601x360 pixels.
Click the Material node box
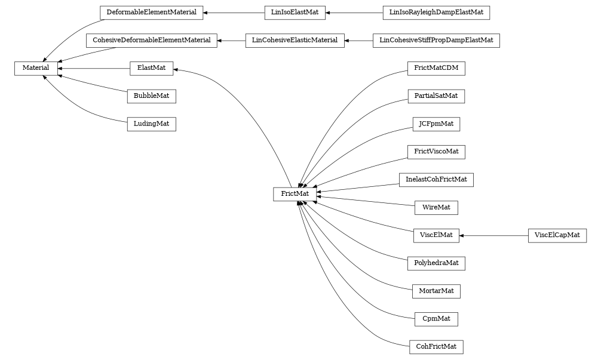click(36, 69)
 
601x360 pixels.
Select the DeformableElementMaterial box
click(151, 12)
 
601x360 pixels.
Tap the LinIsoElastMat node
click(295, 12)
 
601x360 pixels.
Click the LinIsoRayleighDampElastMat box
click(436, 12)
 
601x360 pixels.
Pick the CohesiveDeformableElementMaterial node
click(151, 41)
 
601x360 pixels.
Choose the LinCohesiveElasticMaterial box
click(295, 41)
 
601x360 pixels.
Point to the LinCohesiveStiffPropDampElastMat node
click(436, 41)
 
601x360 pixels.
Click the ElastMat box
click(151, 69)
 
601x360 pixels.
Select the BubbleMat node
click(151, 96)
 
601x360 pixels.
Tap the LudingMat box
click(151, 124)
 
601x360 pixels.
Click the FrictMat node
click(295, 194)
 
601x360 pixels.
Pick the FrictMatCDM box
click(436, 68)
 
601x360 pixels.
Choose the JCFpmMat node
click(436, 124)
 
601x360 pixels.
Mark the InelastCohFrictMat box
click(436, 180)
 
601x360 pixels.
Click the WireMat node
click(436, 208)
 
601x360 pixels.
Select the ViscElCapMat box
click(557, 235)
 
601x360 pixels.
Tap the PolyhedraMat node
click(436, 263)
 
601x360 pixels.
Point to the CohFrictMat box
click(436, 347)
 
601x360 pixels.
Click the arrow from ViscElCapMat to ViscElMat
click(493, 236)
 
